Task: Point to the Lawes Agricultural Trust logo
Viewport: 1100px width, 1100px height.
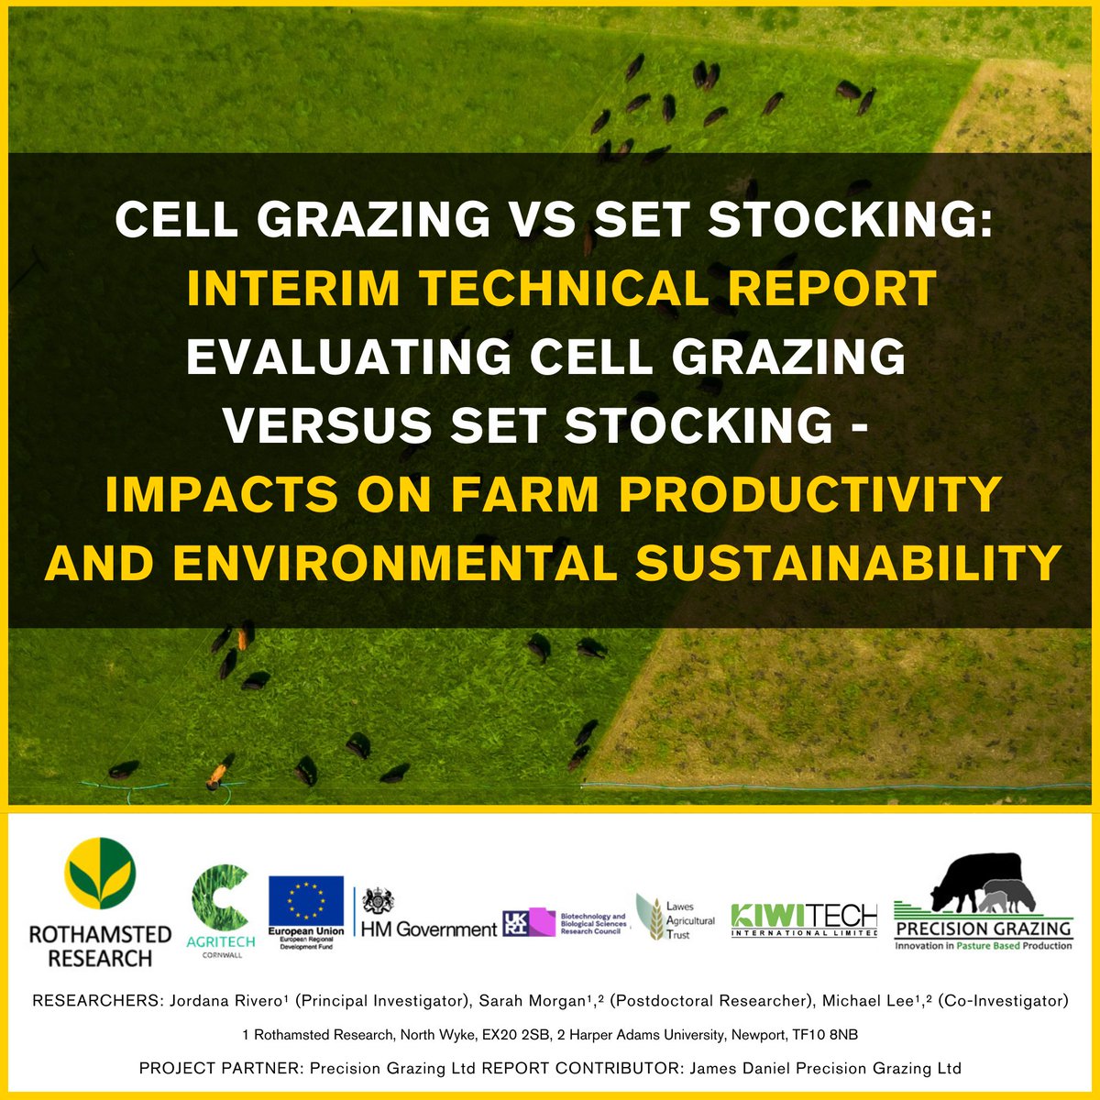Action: coord(676,917)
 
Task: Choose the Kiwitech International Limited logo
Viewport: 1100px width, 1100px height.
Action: coord(804,919)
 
